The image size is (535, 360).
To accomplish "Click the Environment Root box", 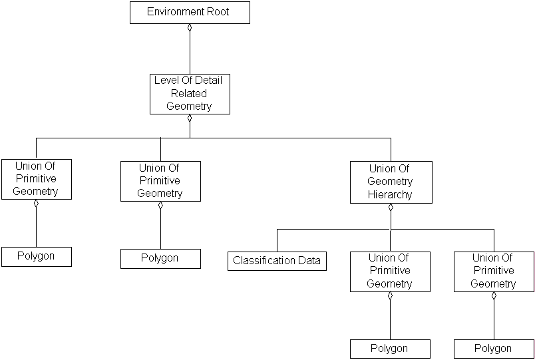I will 190,13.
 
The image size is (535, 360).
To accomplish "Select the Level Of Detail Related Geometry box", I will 190,94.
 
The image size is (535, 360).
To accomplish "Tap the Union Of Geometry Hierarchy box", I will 391,182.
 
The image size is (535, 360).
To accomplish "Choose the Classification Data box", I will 277,260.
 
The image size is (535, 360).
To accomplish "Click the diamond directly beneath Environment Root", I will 190,28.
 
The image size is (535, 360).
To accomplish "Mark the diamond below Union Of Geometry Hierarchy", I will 391,207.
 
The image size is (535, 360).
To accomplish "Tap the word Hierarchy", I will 391,195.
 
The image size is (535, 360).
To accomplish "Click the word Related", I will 189,93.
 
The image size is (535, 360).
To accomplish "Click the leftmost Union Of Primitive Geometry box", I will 36,179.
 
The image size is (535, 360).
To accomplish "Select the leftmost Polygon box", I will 36,256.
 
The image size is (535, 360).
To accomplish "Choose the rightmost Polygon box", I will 493,349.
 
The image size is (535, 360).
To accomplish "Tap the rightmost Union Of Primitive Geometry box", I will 493,271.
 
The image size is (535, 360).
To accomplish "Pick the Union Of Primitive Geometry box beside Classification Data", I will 390,271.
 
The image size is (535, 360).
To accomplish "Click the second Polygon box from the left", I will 160,258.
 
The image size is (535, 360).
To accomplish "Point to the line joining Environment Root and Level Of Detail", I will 190,53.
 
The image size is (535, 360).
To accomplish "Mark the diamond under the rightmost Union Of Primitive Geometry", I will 494,296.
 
